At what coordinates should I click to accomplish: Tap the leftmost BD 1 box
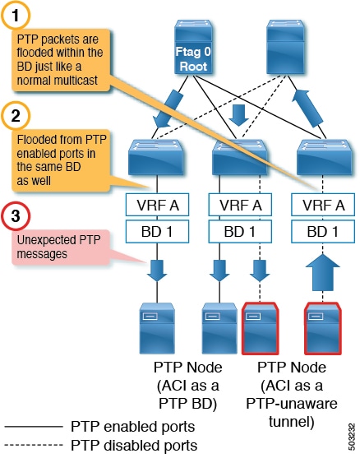coord(154,232)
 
